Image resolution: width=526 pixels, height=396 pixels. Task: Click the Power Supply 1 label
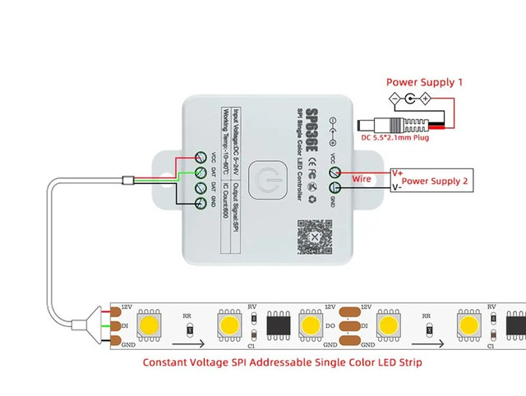(425, 82)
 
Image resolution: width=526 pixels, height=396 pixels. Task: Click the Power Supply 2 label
(436, 180)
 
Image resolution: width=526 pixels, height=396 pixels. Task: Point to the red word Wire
(362, 177)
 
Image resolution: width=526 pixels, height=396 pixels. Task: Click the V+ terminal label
(398, 173)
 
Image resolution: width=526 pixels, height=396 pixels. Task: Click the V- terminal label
(397, 187)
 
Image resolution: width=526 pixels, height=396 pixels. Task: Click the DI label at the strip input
(125, 326)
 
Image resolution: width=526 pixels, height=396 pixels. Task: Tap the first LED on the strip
(149, 325)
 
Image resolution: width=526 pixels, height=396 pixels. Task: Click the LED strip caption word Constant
(172, 361)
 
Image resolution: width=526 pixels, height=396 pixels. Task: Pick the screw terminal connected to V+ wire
(335, 172)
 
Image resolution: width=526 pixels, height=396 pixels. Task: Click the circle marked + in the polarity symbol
(426, 99)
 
